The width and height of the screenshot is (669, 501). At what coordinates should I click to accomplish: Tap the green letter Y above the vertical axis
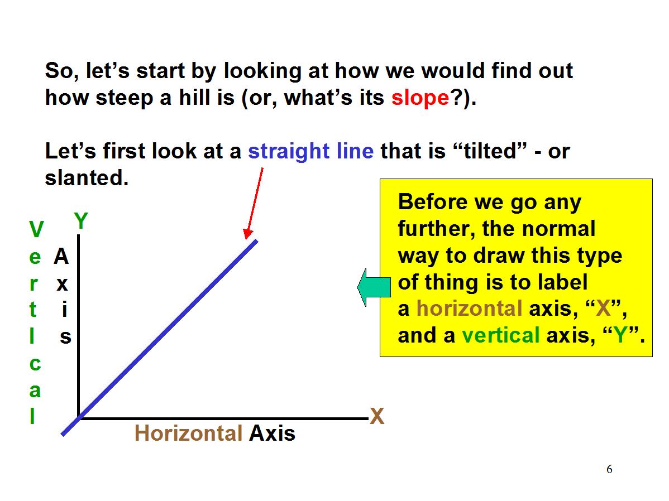pos(81,221)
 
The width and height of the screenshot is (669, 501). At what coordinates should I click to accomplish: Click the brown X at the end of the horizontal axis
pos(377,416)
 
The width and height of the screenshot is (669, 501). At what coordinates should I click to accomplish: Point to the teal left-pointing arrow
pos(374,287)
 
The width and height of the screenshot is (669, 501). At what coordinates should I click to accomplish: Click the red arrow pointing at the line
pos(254,204)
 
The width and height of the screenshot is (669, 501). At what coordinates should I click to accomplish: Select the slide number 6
pos(609,469)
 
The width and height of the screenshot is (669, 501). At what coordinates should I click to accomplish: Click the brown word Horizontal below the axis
pos(188,433)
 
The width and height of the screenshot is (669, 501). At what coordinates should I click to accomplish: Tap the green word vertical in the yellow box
pos(501,335)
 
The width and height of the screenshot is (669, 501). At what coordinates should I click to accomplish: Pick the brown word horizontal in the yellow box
pos(469,309)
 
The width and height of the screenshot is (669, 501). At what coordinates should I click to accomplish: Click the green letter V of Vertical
pos(36,230)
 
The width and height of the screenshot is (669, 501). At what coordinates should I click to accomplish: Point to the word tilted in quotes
pos(490,151)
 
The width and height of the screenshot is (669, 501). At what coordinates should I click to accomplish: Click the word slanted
pos(87,178)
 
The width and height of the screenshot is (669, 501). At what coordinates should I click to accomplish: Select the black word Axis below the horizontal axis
pos(272,433)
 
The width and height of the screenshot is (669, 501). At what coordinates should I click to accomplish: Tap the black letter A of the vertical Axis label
pos(61,257)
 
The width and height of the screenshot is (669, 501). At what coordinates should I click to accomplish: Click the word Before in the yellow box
pos(433,201)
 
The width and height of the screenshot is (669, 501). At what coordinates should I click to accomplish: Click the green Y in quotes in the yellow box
pos(620,335)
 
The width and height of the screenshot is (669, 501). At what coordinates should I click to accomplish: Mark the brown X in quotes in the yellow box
pos(604,309)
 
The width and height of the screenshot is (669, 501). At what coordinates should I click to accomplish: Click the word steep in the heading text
pos(124,99)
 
